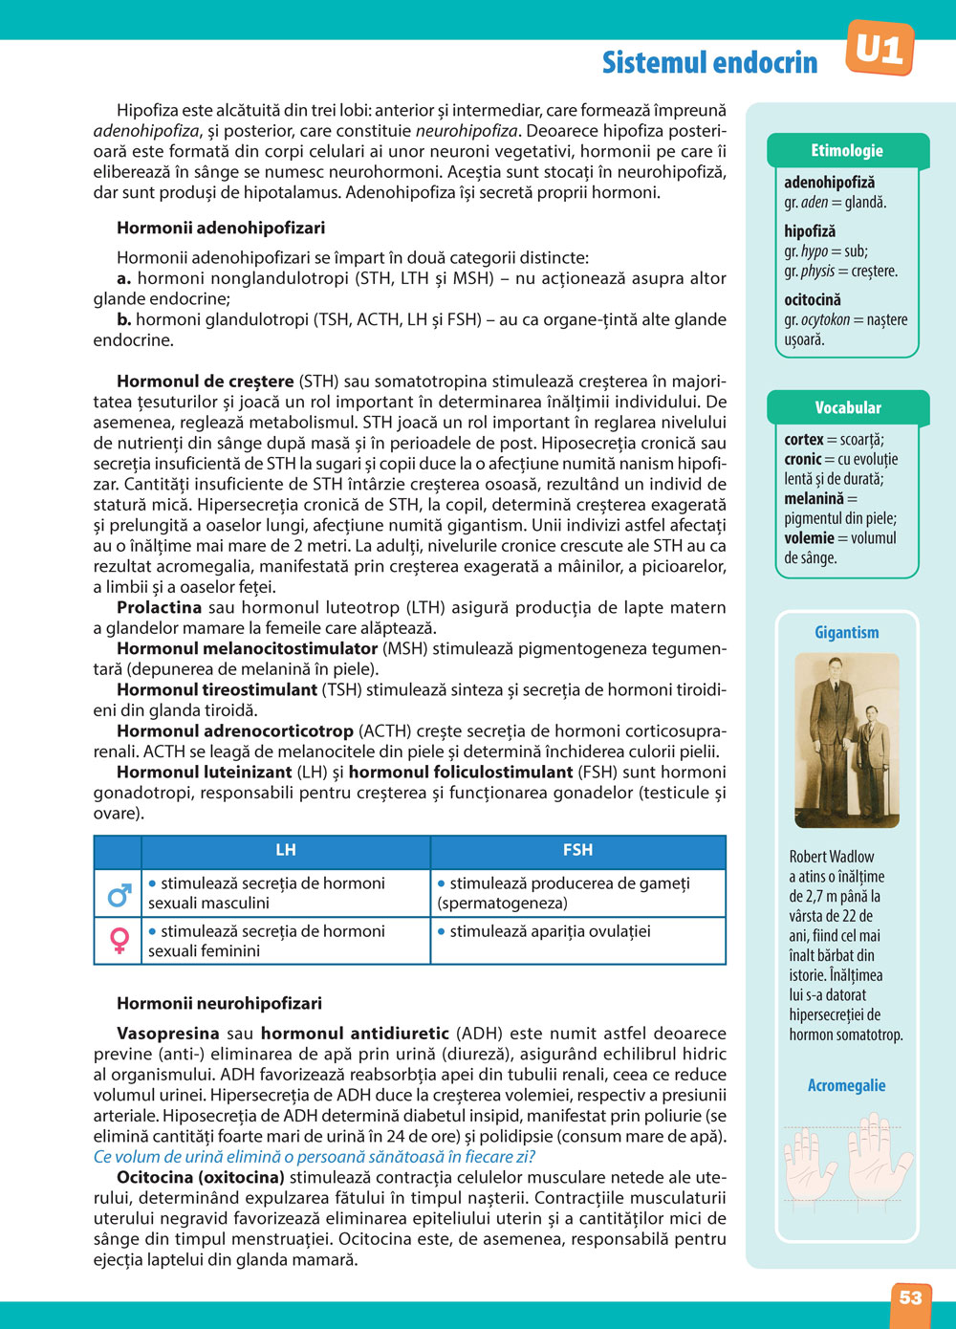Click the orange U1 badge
(x=880, y=48)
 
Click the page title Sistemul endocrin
(x=709, y=62)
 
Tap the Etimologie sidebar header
(x=847, y=150)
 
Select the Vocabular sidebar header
(x=847, y=407)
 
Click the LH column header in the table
(x=285, y=850)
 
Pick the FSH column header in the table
(x=577, y=850)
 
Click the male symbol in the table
(x=119, y=894)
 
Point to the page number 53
(x=910, y=1297)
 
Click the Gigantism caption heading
(x=847, y=632)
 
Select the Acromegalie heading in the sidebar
(x=847, y=1085)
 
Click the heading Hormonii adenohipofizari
(x=221, y=228)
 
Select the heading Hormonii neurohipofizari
(x=219, y=1003)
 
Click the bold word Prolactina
(x=159, y=607)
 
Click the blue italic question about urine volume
(x=315, y=1156)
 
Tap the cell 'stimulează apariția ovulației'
(x=550, y=931)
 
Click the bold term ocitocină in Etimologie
(x=813, y=299)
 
